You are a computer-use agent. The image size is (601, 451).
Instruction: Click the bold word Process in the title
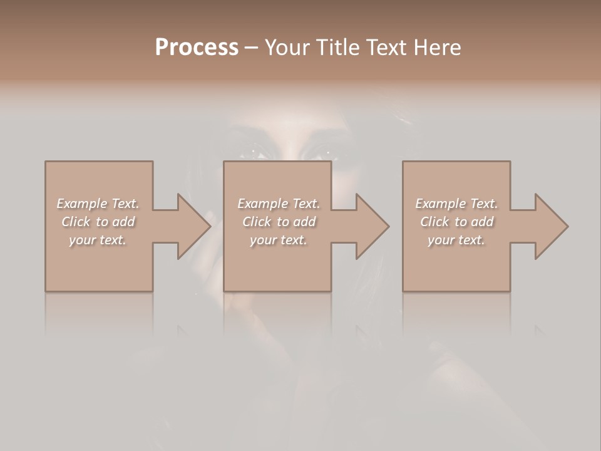pyautogui.click(x=197, y=48)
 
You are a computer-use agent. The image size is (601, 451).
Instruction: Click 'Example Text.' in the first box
pyautogui.click(x=98, y=204)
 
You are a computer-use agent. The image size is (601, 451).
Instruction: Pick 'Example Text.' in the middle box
pyautogui.click(x=279, y=204)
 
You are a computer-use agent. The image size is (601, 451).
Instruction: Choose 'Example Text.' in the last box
pyautogui.click(x=456, y=204)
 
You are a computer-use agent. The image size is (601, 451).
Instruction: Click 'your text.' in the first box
pyautogui.click(x=98, y=240)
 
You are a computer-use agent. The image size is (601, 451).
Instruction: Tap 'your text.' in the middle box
pyautogui.click(x=279, y=240)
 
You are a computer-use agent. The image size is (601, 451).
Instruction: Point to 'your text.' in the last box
pyautogui.click(x=456, y=240)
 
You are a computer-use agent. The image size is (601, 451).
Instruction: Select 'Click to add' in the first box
pyautogui.click(x=98, y=222)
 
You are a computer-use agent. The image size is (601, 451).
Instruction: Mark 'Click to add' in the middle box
pyautogui.click(x=279, y=222)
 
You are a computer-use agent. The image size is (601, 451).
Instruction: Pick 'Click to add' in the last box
pyautogui.click(x=457, y=222)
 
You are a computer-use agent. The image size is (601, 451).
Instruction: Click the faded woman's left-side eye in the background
pyautogui.click(x=259, y=152)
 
